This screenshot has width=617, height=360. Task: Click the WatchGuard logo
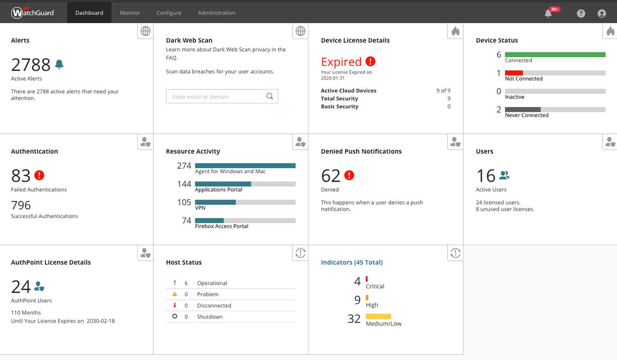tap(32, 13)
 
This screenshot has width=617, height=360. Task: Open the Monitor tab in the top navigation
tap(130, 13)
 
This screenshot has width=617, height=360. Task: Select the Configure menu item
tap(169, 13)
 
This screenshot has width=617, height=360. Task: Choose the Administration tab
tap(216, 13)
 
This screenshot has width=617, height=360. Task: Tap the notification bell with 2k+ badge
tap(549, 13)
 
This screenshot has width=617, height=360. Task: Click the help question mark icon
tap(581, 13)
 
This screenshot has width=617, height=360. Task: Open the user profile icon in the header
tap(602, 13)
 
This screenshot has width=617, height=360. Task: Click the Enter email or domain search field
tap(216, 97)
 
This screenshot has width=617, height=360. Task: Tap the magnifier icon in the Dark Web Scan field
tap(269, 96)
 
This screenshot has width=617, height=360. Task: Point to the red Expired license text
tap(341, 62)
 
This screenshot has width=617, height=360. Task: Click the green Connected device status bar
tap(555, 55)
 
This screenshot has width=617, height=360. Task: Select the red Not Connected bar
tap(514, 73)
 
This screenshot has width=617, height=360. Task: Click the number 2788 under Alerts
tap(31, 65)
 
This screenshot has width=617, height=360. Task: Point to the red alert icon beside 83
tap(39, 175)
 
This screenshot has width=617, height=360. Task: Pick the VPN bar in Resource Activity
tap(215, 202)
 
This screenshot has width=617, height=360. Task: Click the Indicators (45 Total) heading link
tap(352, 262)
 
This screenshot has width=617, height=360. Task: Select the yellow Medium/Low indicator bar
tap(378, 316)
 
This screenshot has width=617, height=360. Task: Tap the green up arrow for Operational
tap(175, 283)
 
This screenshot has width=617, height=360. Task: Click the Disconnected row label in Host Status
tap(214, 305)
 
